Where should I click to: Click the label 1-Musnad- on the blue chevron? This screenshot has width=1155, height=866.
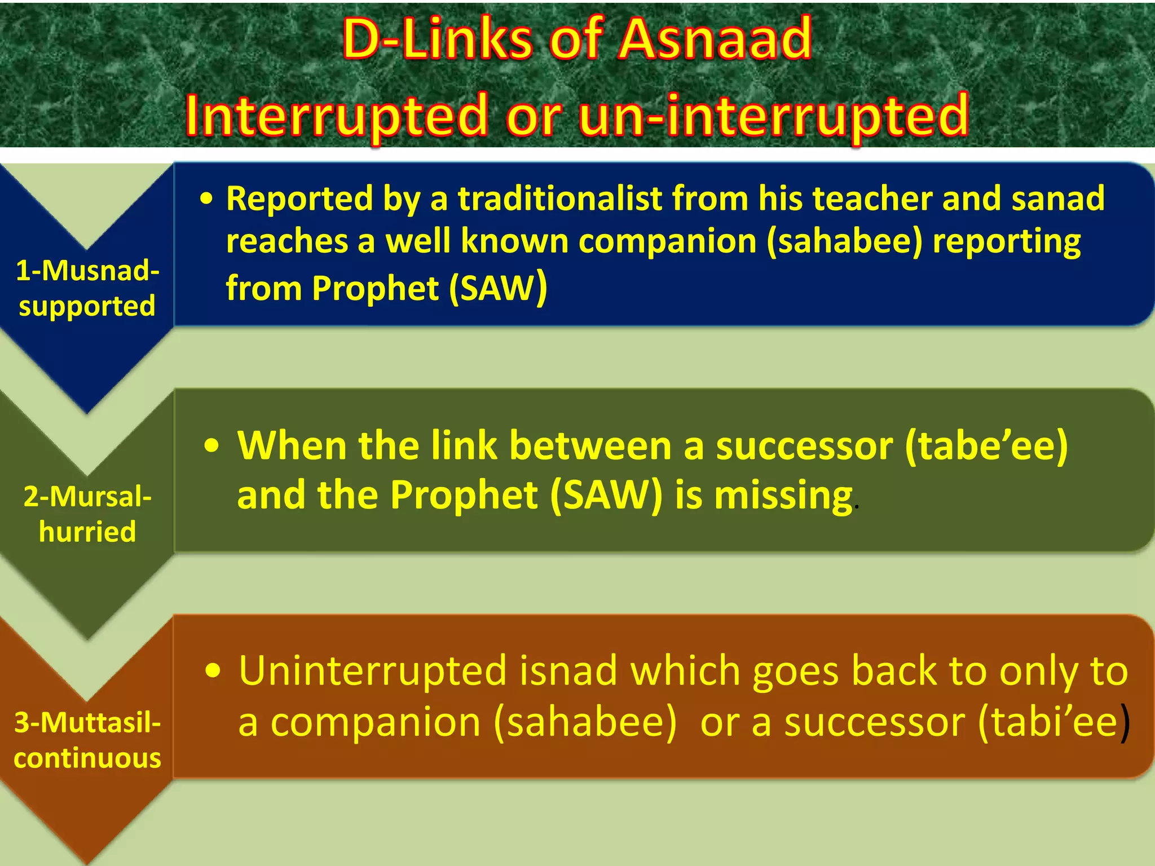pos(87,270)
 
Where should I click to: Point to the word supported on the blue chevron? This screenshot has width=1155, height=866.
pos(87,307)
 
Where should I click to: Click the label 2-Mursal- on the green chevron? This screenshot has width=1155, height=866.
pos(87,497)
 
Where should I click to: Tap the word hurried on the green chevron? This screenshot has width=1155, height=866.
pos(87,532)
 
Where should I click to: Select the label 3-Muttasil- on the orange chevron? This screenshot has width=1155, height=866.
pos(87,722)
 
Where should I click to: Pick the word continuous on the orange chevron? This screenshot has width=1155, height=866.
pos(87,758)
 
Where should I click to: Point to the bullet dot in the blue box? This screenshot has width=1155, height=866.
pos(207,199)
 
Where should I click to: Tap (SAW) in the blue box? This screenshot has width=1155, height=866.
pos(498,288)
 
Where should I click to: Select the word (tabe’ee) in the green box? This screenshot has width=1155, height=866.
pos(986,445)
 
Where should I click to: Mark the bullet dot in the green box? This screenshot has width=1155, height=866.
pos(211,446)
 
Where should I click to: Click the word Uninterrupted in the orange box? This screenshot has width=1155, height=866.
pos(373,671)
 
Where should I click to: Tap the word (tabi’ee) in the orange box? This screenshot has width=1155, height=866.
pos(1053,722)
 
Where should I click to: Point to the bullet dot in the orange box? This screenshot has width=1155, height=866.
pos(213,671)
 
